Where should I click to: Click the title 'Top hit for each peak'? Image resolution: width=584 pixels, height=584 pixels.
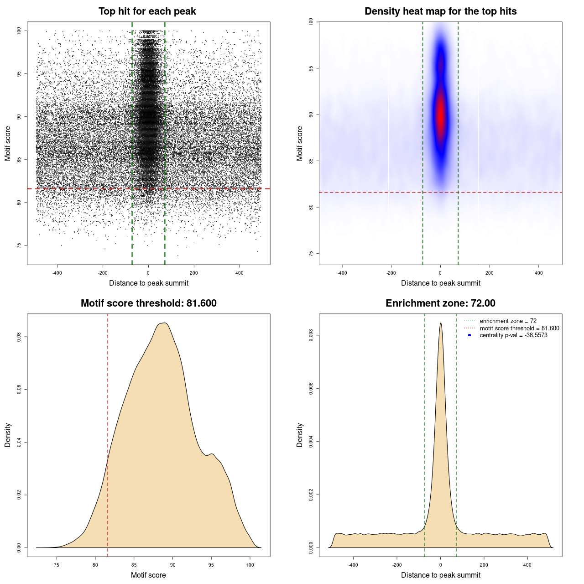147,11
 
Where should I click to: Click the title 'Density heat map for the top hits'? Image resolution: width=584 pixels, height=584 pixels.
440,11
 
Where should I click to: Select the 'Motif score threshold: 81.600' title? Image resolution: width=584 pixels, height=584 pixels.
148,303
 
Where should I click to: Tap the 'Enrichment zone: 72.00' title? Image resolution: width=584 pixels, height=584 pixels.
440,303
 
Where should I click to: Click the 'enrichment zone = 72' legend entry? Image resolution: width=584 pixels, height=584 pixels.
508,321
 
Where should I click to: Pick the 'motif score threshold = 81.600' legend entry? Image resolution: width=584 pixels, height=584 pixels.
519,328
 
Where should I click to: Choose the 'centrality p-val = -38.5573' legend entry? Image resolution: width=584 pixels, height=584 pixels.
513,335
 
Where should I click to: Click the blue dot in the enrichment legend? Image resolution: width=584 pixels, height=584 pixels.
469,335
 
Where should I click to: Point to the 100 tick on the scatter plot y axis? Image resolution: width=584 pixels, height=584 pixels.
19,31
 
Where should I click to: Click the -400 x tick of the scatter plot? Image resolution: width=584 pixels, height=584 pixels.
57,273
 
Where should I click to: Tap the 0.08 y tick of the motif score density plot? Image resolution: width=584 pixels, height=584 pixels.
19,337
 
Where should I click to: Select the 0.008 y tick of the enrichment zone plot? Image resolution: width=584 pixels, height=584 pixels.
311,335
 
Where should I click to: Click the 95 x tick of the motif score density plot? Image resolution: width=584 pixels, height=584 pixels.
211,565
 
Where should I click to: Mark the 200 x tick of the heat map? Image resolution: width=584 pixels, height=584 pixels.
490,273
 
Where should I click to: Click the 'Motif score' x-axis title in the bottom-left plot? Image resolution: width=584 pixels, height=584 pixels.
148,575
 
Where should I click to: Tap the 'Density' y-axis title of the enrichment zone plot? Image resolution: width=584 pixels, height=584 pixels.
300,435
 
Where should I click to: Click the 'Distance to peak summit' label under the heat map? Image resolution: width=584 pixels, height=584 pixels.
440,283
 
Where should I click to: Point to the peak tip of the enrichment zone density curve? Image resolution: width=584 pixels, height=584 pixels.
440,323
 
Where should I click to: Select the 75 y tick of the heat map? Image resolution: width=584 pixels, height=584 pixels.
311,254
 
